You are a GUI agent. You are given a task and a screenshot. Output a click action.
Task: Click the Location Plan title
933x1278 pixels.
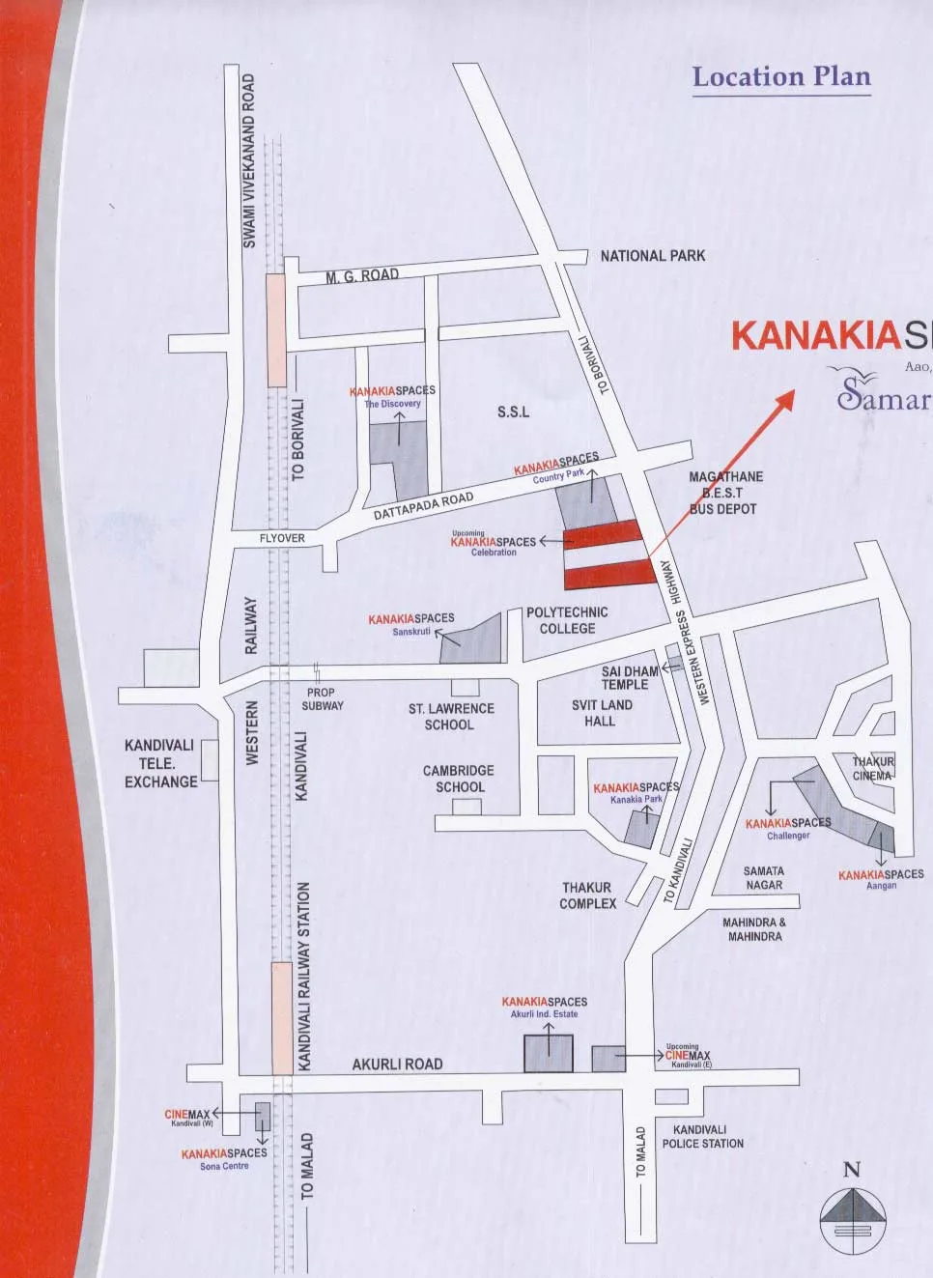coord(781,77)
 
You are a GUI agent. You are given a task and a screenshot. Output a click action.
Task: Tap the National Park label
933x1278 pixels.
coord(653,256)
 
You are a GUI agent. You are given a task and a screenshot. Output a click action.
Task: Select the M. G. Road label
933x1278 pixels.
coord(362,276)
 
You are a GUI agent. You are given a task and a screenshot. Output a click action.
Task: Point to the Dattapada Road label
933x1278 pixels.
coord(423,506)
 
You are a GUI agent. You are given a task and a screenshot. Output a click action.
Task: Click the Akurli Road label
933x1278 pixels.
coord(397,1064)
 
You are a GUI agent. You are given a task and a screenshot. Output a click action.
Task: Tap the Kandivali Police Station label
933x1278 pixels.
coord(702,1136)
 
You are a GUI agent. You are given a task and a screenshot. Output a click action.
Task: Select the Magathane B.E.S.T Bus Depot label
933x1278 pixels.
coord(724,493)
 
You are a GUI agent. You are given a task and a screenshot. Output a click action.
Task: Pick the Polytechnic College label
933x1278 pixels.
coord(567,620)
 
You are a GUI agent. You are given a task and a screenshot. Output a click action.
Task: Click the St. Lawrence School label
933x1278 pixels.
coord(450,716)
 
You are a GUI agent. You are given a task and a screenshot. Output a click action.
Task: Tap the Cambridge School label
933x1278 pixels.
coord(459,779)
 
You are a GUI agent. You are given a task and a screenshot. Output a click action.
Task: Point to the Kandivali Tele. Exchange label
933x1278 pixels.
coord(159,763)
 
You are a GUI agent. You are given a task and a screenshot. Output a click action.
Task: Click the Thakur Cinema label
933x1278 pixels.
coord(873,768)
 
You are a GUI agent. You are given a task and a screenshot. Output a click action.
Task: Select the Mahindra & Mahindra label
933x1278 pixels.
coord(754,929)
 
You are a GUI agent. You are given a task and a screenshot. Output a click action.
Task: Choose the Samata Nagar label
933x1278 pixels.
coord(764,877)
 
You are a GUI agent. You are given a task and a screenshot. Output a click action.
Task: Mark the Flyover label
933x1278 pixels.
coord(282,538)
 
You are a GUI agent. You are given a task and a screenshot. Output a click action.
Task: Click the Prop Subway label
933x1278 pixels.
coord(322,698)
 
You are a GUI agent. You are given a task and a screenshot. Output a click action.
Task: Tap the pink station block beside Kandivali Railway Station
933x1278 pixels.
coord(282,1017)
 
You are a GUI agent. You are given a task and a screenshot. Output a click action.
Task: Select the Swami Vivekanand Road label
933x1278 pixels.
coord(249,160)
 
